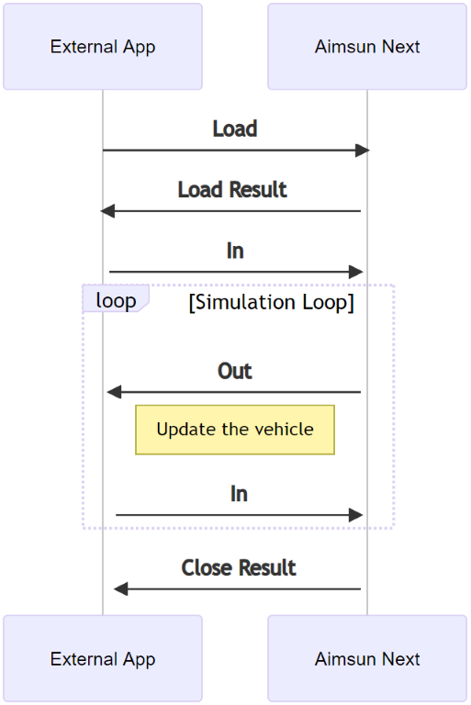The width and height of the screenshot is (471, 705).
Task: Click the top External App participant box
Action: coord(103,47)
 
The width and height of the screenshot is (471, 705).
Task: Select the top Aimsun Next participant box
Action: coord(367,47)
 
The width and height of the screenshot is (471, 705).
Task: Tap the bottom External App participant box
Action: coord(103,658)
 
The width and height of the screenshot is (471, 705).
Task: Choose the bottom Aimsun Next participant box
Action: coord(367,658)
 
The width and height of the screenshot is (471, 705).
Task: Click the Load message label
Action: coord(235,129)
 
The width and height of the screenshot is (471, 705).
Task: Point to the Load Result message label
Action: coord(232,189)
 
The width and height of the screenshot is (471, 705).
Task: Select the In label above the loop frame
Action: coord(235,251)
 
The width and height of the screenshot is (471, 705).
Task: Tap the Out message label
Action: coord(235,371)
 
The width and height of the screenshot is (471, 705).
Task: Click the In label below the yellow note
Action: coord(239,494)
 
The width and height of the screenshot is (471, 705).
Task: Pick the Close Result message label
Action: coord(239,567)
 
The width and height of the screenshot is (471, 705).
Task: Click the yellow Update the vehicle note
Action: coord(235,430)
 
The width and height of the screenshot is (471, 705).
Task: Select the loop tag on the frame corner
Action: coord(116,300)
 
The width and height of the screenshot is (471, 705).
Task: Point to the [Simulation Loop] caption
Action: coord(271,302)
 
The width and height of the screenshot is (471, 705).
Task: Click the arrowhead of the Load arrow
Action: coord(362,150)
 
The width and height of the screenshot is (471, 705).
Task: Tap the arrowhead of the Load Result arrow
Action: coord(107,211)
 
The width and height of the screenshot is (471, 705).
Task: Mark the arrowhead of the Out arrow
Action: coord(114,392)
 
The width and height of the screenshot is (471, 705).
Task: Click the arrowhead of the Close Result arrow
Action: coord(120,589)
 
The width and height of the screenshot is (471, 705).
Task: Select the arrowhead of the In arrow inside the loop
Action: coord(356,515)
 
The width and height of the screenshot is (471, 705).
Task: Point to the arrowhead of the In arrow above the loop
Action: coord(356,272)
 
